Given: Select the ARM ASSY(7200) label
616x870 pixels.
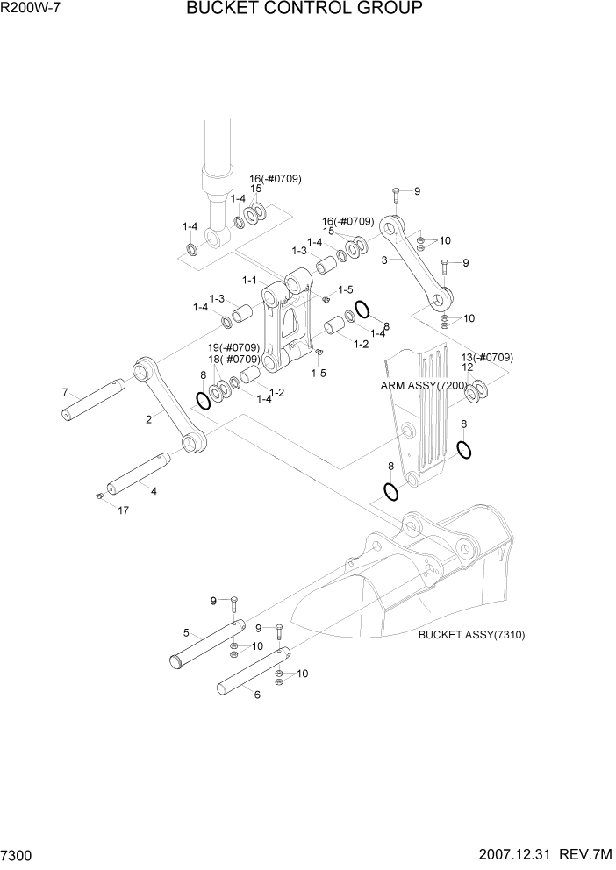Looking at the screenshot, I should [x=423, y=385].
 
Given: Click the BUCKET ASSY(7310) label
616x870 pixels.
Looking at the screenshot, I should [x=471, y=635].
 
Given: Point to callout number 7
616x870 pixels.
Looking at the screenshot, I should [x=65, y=391].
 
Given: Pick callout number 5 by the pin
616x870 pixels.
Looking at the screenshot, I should [x=186, y=632].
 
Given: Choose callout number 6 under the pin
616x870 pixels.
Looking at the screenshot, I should [x=257, y=695].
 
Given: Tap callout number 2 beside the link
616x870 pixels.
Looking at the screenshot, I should [x=149, y=419].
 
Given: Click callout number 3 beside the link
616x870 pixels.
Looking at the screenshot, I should [x=384, y=260].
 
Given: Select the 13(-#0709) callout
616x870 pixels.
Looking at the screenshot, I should [x=487, y=357].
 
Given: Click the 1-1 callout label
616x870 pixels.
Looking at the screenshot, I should [x=248, y=281].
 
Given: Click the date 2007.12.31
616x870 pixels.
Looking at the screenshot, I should [x=511, y=853].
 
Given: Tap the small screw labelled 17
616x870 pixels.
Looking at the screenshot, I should [x=99, y=497].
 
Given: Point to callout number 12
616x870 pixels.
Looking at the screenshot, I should [x=468, y=367].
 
